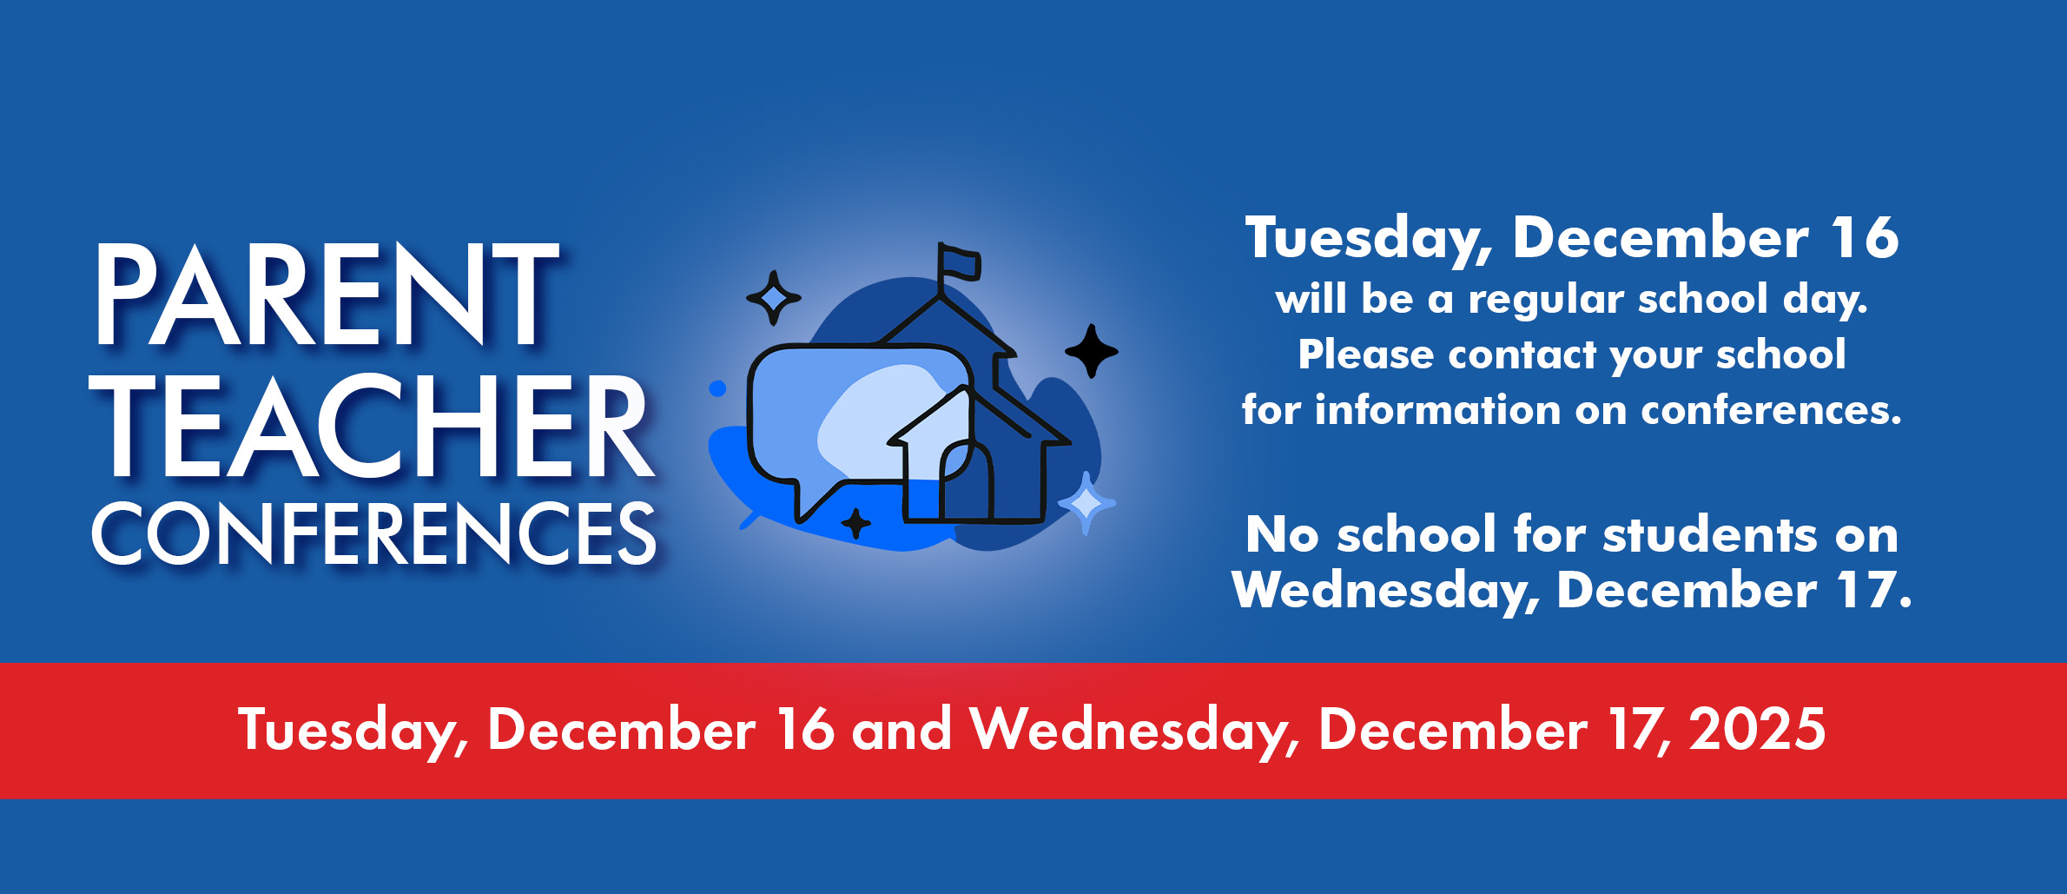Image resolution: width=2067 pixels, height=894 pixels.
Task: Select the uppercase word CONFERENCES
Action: pyautogui.click(x=374, y=533)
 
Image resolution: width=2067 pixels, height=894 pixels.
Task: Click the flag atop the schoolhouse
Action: pyautogui.click(x=960, y=263)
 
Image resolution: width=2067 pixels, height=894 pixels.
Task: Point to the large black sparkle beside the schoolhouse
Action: pyautogui.click(x=1092, y=351)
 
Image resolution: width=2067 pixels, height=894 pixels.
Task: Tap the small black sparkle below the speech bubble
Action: pyautogui.click(x=856, y=523)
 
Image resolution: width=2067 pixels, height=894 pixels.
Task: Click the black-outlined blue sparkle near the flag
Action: pyautogui.click(x=773, y=298)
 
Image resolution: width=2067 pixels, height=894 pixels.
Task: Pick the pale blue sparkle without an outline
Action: pyautogui.click(x=1086, y=503)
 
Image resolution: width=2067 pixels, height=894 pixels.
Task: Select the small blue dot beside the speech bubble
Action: pyautogui.click(x=717, y=388)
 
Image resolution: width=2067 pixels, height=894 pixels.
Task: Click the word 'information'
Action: pyautogui.click(x=1437, y=409)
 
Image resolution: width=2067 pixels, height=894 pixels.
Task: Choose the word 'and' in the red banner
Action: pyautogui.click(x=901, y=729)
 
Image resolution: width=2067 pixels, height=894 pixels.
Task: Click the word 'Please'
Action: pyautogui.click(x=1366, y=354)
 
